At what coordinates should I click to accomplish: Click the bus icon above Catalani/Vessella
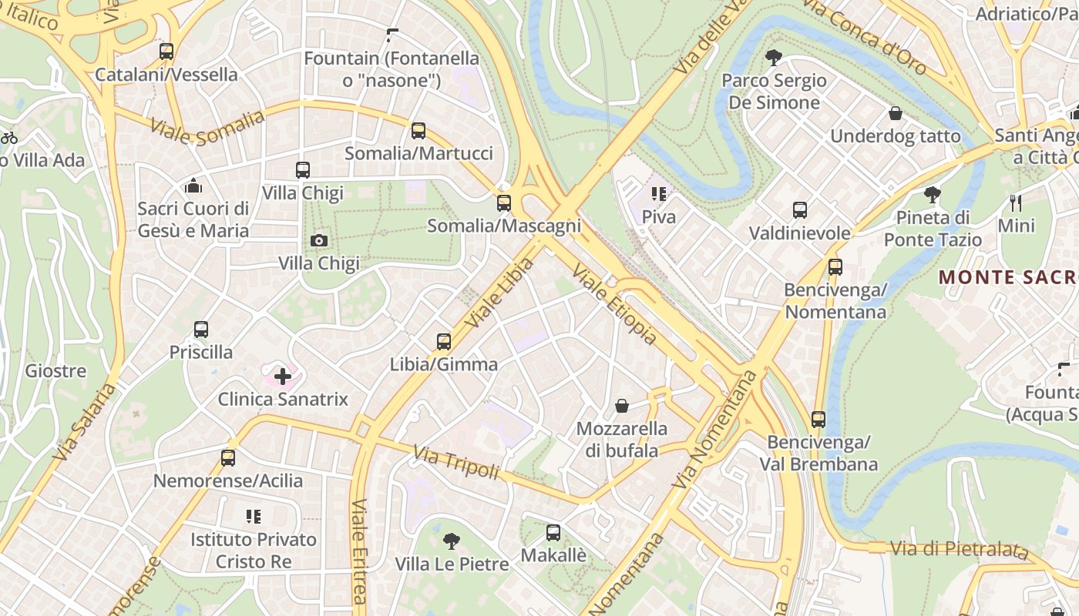pyautogui.click(x=166, y=52)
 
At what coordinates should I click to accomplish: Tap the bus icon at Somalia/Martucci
pyautogui.click(x=418, y=131)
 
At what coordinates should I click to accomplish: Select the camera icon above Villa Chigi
pyautogui.click(x=318, y=241)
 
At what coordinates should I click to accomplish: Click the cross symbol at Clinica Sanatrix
pyautogui.click(x=283, y=377)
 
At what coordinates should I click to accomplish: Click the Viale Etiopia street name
pyautogui.click(x=615, y=304)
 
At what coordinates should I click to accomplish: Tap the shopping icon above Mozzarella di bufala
pyautogui.click(x=622, y=406)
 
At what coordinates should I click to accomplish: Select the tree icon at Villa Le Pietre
pyautogui.click(x=452, y=541)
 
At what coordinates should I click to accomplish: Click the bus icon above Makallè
pyautogui.click(x=553, y=532)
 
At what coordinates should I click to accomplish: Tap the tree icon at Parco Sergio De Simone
pyautogui.click(x=773, y=58)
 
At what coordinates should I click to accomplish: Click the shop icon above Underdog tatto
pyautogui.click(x=896, y=114)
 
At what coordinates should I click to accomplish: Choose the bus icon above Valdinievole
pyautogui.click(x=800, y=210)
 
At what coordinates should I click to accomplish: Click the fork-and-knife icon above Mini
pyautogui.click(x=1016, y=203)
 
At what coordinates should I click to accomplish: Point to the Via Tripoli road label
pyautogui.click(x=456, y=462)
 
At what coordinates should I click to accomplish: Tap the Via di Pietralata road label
pyautogui.click(x=959, y=550)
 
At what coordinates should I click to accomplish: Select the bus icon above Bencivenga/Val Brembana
pyautogui.click(x=818, y=420)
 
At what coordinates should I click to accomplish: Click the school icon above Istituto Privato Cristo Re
pyautogui.click(x=254, y=517)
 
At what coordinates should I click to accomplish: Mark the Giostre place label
pyautogui.click(x=55, y=371)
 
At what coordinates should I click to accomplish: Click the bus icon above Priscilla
pyautogui.click(x=201, y=330)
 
